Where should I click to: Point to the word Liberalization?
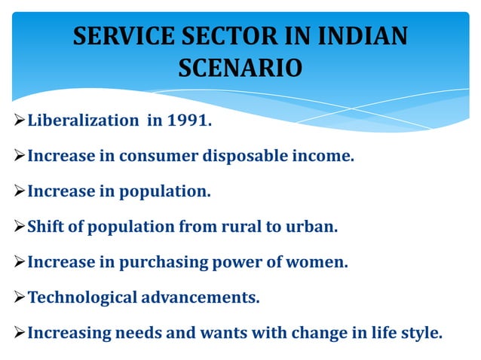81,122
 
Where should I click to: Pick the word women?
320,262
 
